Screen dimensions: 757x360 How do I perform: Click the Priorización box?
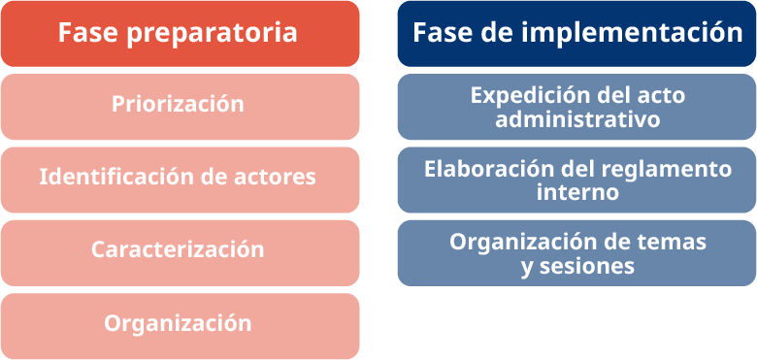(x=181, y=107)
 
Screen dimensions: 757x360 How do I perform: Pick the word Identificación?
(x=116, y=177)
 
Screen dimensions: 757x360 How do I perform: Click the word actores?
(x=276, y=178)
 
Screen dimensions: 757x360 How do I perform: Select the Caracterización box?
(x=181, y=253)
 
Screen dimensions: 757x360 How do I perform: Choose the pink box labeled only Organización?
(x=181, y=326)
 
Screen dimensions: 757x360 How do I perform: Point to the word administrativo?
(x=577, y=119)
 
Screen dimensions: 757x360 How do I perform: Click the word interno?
(x=577, y=193)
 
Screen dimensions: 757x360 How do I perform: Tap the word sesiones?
(x=587, y=267)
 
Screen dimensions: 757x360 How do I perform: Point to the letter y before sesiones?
(x=528, y=269)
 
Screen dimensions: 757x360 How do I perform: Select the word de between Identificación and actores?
(x=214, y=178)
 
